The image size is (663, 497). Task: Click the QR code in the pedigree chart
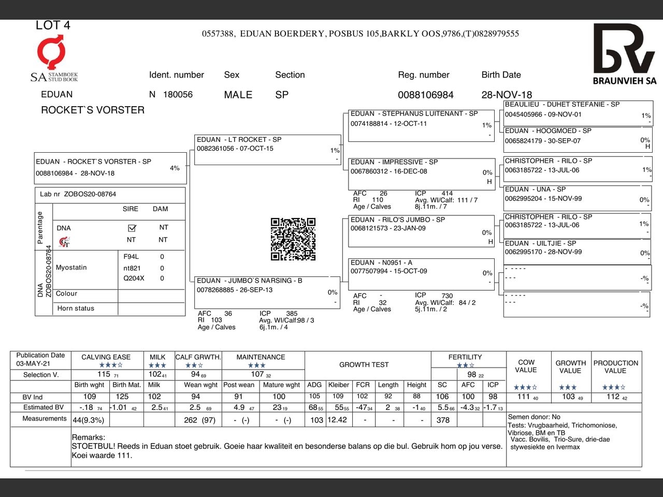point(293,239)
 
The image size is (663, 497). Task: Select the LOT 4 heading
point(53,25)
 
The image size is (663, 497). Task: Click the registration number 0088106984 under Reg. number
point(425,95)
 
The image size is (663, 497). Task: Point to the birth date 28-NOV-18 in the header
point(506,95)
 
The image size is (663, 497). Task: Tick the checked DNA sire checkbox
point(132,228)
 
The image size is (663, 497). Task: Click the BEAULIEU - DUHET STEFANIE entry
point(562,105)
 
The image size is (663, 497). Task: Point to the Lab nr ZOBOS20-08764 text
point(78,195)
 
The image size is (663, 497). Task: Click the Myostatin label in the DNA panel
point(71,268)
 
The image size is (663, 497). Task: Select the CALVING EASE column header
point(106,357)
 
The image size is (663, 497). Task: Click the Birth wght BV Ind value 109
point(90,397)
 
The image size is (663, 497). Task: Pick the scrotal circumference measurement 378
point(443,420)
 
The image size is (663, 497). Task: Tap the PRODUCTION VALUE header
point(615,367)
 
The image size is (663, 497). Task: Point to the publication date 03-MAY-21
point(33,364)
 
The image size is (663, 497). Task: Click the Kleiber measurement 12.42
point(337,420)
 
